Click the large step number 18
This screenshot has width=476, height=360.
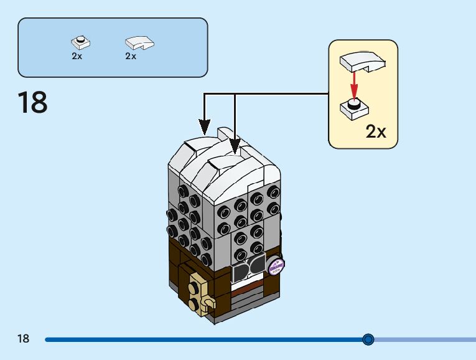coord(33,103)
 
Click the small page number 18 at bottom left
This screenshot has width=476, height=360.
coord(23,339)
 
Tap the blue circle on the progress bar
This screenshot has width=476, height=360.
coord(368,339)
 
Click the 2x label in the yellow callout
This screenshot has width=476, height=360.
coord(376,131)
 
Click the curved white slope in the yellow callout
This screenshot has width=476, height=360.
coord(363,61)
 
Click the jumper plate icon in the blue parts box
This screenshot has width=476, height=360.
coord(80,43)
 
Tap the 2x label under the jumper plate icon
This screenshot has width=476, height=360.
coord(77,56)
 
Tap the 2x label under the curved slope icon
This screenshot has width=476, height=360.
coord(131,56)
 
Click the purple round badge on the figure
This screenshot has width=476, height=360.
coord(275,266)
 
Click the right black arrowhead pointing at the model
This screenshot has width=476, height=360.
coord(235,147)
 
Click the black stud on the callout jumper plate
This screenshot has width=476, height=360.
coord(354,104)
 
